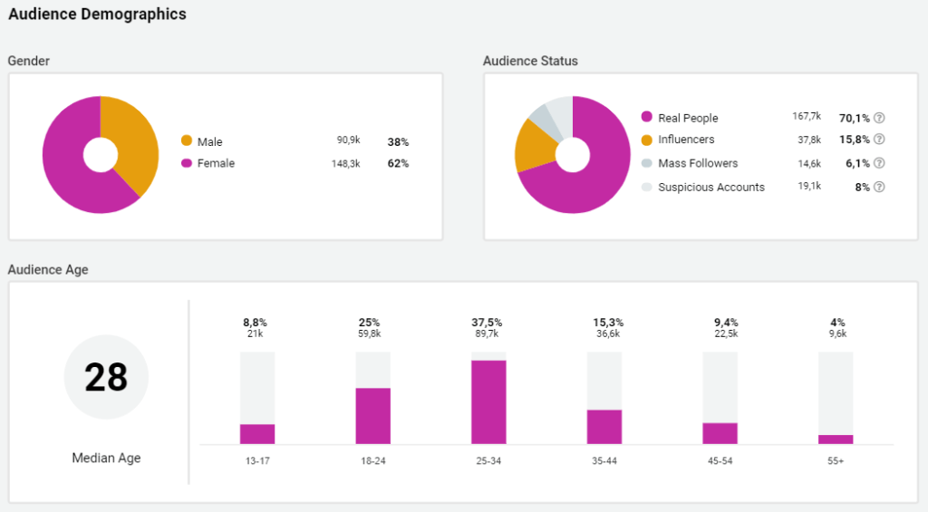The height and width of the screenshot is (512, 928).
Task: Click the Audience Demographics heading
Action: [x=97, y=14]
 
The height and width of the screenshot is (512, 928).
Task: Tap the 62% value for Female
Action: [x=399, y=164]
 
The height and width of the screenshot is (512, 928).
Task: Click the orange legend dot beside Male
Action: [x=187, y=140]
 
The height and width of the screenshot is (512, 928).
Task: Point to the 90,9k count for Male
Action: [x=348, y=141]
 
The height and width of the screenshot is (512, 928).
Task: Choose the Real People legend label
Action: [x=688, y=118]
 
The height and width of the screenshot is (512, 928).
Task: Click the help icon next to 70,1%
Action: [x=879, y=118]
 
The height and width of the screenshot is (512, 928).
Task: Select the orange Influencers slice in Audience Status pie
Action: [x=535, y=145]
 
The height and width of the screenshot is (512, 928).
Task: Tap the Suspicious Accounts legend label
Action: [x=711, y=188]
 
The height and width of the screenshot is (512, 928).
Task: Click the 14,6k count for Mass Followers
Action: [x=809, y=164]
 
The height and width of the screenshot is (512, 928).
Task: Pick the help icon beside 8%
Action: [x=879, y=188]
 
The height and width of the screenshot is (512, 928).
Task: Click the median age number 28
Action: [x=106, y=377]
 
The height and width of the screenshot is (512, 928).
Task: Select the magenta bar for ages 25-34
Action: [x=488, y=402]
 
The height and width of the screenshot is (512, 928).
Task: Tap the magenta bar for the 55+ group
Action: [x=836, y=440]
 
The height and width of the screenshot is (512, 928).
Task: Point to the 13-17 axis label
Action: [x=257, y=461]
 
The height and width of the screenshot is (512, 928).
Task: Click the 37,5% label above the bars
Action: [x=488, y=323]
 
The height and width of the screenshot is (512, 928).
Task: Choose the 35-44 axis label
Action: [x=604, y=461]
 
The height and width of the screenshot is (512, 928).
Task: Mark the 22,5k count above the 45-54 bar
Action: [x=720, y=333]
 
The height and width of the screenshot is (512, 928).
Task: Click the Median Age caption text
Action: [x=106, y=459]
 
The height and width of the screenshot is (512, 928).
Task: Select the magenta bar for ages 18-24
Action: [x=372, y=416]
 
